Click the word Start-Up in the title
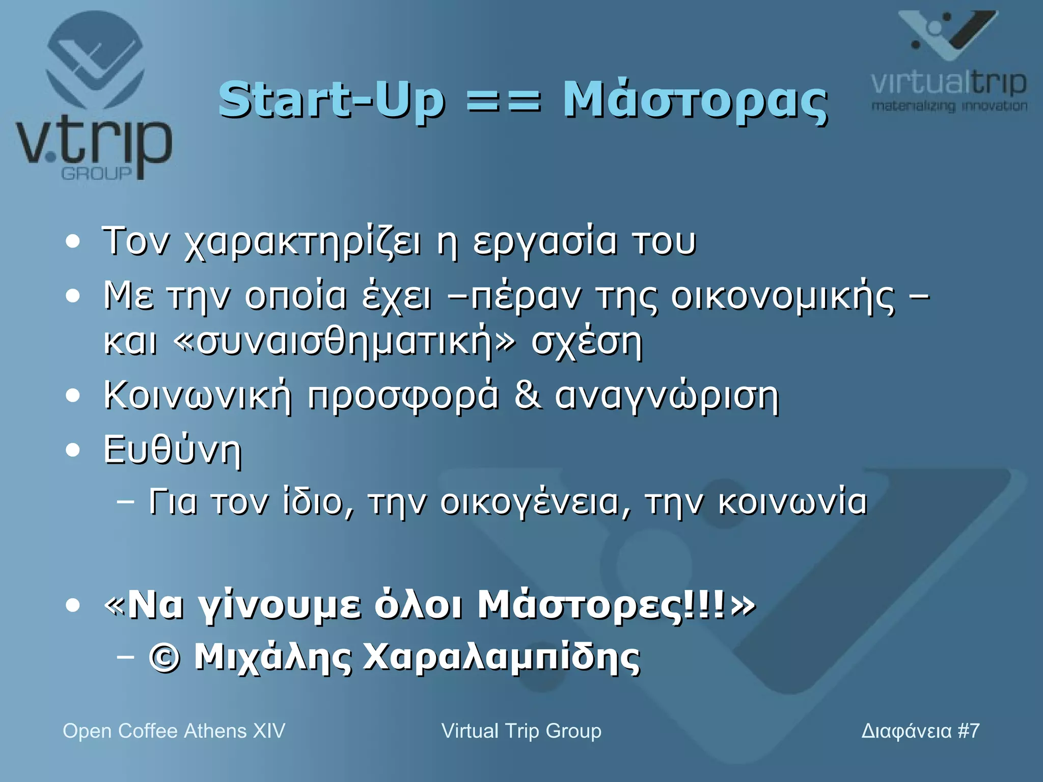click(331, 100)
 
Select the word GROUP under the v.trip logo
click(96, 174)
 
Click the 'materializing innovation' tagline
click(949, 106)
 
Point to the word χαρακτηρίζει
click(303, 242)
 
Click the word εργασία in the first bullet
click(544, 242)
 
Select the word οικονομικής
click(782, 297)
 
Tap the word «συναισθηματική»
click(344, 342)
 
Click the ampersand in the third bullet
click(527, 396)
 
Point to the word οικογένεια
click(535, 502)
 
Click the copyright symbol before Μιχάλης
click(164, 658)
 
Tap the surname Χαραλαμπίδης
click(501, 658)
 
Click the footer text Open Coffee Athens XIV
click(174, 731)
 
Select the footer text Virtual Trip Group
click(521, 731)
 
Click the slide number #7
click(968, 731)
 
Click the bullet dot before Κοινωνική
click(73, 396)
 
